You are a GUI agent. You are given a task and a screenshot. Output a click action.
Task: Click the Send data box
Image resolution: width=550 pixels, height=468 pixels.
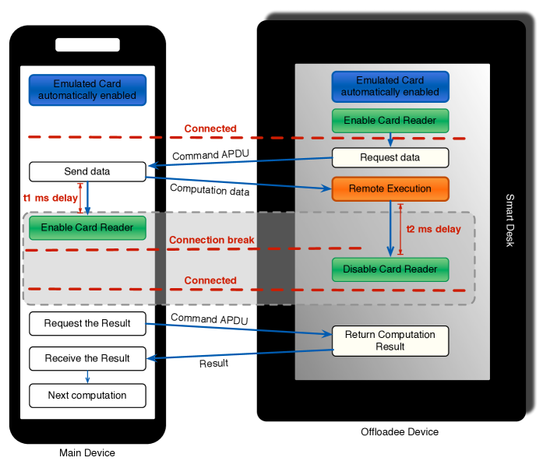click(87, 171)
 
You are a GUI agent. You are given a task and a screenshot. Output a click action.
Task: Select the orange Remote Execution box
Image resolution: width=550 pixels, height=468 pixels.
click(390, 188)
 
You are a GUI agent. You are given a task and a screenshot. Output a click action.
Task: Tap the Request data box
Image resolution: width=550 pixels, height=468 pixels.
click(390, 157)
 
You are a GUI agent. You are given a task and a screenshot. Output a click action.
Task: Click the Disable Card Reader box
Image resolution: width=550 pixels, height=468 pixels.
click(390, 269)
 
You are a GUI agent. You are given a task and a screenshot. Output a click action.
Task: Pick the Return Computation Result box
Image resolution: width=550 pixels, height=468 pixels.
click(390, 341)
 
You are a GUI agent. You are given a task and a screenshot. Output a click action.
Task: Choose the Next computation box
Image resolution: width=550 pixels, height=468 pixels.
click(87, 396)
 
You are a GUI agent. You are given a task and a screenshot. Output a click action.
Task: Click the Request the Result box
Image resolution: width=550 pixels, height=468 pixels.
click(87, 323)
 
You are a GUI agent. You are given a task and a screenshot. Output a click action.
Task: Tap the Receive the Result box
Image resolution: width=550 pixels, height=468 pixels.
click(87, 358)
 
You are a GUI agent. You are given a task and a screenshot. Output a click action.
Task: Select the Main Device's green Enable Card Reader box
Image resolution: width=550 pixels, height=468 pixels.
click(87, 227)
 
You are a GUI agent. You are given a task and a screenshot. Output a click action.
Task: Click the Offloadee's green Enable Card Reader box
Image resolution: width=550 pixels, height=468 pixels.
click(390, 121)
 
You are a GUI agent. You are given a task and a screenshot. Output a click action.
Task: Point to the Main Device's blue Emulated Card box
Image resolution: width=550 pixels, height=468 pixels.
click(87, 90)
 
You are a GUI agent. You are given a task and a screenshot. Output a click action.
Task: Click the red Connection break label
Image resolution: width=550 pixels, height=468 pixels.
click(212, 240)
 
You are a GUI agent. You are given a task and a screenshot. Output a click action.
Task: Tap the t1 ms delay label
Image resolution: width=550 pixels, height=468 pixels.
click(50, 198)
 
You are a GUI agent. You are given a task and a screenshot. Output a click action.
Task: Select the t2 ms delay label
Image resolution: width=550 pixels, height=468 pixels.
click(434, 229)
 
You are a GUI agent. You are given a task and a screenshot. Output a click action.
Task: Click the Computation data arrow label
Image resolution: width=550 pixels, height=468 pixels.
click(210, 190)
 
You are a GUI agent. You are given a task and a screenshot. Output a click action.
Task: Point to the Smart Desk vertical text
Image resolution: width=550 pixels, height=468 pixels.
click(509, 220)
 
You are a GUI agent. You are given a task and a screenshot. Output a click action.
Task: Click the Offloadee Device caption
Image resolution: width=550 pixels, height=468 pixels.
click(400, 432)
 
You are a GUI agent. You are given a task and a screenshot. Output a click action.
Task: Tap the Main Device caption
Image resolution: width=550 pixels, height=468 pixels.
click(87, 453)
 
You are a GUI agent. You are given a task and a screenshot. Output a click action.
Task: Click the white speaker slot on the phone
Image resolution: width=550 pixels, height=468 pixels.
click(88, 45)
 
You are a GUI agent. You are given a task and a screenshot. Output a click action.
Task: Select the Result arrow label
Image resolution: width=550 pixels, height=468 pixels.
click(213, 364)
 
